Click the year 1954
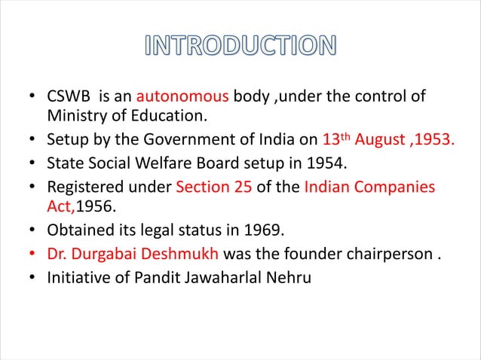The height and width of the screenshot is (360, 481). pyautogui.click(x=322, y=163)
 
